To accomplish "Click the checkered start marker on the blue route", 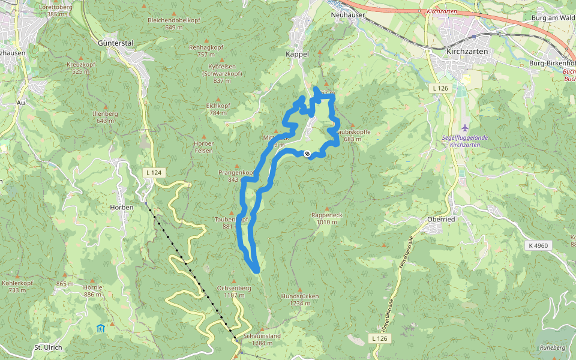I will pyautogui.click(x=307, y=154).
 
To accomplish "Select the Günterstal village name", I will pyautogui.click(x=115, y=43).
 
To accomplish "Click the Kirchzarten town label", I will pyautogui.click(x=467, y=52).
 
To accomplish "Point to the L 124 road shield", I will pyautogui.click(x=154, y=173).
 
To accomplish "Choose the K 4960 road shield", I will pyautogui.click(x=539, y=245).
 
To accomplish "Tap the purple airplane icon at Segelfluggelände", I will pyautogui.click(x=466, y=127).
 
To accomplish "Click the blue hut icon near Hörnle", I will pyautogui.click(x=100, y=328).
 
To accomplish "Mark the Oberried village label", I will pyautogui.click(x=442, y=219).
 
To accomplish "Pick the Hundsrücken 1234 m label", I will pyautogui.click(x=300, y=299).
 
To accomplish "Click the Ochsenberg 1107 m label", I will pyautogui.click(x=233, y=291).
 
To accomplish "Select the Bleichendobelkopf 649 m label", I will pyautogui.click(x=174, y=23).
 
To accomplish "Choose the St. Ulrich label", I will pyautogui.click(x=49, y=347).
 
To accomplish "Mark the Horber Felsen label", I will pyautogui.click(x=204, y=147).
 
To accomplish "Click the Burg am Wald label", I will pyautogui.click(x=553, y=18).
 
